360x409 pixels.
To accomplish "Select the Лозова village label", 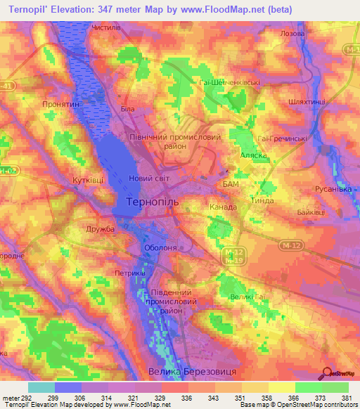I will click(x=292, y=34).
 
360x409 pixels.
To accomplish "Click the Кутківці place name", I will click(x=88, y=180).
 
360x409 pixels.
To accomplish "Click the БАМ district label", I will click(x=231, y=184).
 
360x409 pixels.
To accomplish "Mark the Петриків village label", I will click(x=129, y=272).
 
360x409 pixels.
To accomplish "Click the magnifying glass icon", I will click(x=326, y=375).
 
